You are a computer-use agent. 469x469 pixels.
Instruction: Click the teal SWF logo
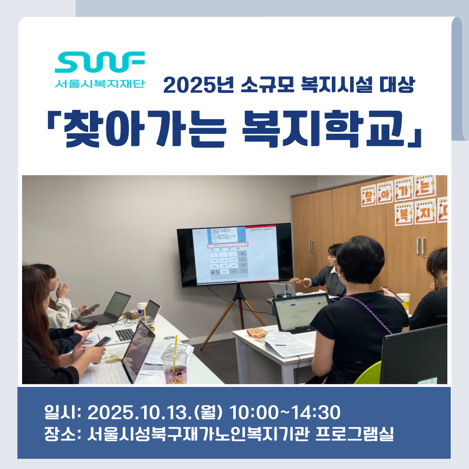tap(100, 63)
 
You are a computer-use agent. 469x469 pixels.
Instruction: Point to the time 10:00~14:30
tap(284, 413)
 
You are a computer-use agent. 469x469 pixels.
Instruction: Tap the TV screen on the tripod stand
tap(235, 255)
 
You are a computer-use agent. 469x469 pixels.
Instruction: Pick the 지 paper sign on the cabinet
tap(425, 211)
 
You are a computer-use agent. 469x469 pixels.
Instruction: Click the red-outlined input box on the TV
tap(228, 244)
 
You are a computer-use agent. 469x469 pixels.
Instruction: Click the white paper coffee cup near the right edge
tap(404, 300)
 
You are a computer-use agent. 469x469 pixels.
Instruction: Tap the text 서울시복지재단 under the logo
tap(100, 83)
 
